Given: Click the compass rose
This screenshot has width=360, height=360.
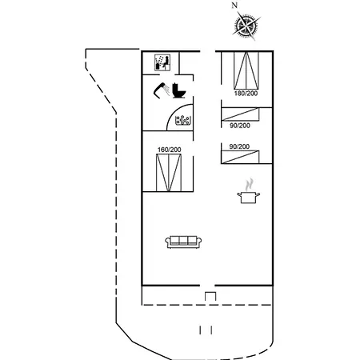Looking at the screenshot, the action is point(246,26).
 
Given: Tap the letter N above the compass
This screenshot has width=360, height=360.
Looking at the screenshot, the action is point(234,6).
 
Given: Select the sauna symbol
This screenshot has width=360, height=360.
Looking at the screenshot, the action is point(162,62).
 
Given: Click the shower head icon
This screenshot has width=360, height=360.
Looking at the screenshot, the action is point(162,90).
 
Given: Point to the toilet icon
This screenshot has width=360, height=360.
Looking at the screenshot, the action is point(178,90).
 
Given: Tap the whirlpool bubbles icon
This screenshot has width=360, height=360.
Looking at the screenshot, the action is point(182,120).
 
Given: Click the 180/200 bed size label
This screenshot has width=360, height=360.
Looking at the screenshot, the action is point(246,94).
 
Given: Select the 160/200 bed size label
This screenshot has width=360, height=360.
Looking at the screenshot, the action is point(169,150).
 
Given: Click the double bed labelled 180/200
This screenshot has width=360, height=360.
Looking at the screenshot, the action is point(246,70).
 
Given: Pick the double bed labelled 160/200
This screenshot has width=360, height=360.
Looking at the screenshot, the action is point(169,173).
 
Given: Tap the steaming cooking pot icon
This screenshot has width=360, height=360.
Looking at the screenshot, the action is point(249,192).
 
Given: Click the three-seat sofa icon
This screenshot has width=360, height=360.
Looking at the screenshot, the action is point(183,242).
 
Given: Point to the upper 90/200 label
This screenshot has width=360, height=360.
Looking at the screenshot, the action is point(240,126).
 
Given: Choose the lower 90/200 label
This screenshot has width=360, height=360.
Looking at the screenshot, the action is point(239,146).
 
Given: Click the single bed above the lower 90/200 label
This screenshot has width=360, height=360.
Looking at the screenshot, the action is point(240,114).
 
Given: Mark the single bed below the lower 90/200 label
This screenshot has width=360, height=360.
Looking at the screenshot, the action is point(240,157).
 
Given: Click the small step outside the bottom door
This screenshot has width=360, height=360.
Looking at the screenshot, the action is point(210,297).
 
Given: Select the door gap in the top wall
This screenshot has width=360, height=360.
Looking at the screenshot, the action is point(207,51).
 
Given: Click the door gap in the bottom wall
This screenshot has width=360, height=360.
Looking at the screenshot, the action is point(207,286).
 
